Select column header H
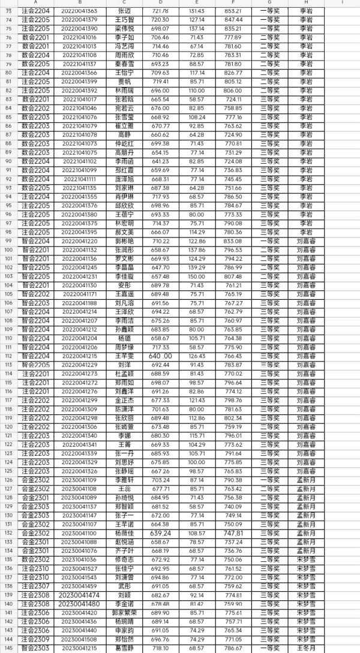[306, 3]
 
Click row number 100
[8, 250]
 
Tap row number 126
[8, 489]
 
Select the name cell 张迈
[124, 11]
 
